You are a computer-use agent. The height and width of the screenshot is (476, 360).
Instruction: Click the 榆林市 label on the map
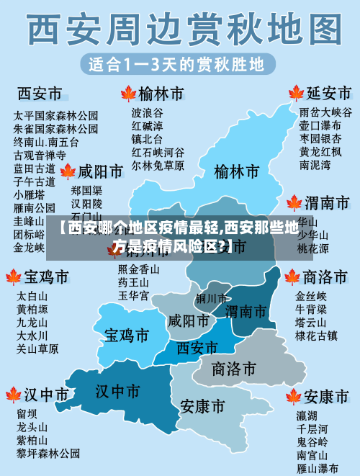coord(236,172)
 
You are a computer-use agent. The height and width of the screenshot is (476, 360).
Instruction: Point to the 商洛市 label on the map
coord(234,369)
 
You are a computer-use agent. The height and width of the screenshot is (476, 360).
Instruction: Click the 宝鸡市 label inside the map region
coord(127,336)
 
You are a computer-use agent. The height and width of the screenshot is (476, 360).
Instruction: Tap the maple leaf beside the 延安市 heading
coord(295,94)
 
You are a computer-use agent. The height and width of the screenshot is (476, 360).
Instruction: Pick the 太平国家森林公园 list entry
coord(56,115)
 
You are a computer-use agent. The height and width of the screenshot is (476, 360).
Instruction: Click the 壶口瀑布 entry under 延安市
coord(320,125)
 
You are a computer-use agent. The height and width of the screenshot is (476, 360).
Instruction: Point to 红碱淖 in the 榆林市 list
coord(147,126)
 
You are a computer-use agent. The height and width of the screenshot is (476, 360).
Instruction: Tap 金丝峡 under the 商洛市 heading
coord(311,296)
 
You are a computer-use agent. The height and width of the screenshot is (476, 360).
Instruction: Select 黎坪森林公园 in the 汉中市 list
coord(48,454)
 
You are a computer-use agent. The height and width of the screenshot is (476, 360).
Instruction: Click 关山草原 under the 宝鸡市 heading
coord(37,349)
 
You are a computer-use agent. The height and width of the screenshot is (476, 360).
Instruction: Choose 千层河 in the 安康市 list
coord(312,428)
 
